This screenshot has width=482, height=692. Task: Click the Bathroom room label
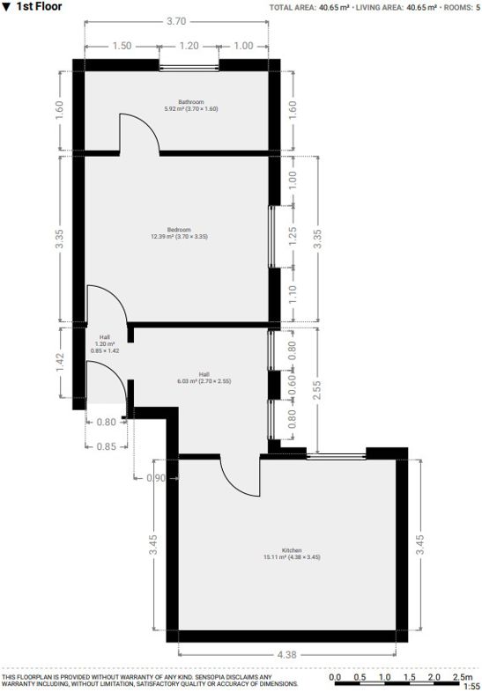(x=191, y=102)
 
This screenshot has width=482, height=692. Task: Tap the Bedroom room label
(x=179, y=230)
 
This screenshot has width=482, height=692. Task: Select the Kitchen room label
(x=292, y=550)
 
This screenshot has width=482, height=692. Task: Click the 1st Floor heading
(x=39, y=7)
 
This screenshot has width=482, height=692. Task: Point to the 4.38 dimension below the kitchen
(x=286, y=654)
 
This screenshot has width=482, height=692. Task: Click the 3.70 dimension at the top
(x=176, y=21)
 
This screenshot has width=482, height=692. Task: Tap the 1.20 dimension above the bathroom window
(x=189, y=46)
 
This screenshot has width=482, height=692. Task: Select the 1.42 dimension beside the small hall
(x=60, y=363)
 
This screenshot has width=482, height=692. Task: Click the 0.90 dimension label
(x=156, y=478)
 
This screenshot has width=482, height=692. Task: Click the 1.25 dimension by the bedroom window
(x=292, y=237)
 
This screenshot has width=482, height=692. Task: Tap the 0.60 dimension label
(x=292, y=386)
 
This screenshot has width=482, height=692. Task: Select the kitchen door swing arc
(x=234, y=485)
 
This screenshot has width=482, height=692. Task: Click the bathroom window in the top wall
(x=189, y=68)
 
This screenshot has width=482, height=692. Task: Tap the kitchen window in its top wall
(x=337, y=457)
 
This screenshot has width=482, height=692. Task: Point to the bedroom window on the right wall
(x=271, y=237)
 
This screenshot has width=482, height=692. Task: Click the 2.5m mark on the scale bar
(x=462, y=677)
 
